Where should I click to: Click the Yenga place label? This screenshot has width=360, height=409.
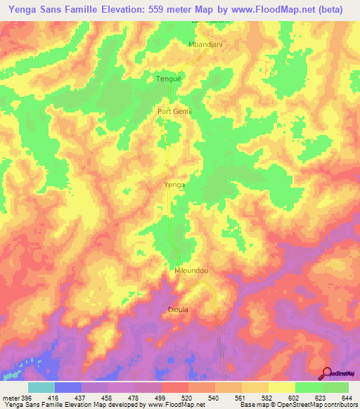[174, 184]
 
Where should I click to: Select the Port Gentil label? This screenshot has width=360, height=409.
[174, 111]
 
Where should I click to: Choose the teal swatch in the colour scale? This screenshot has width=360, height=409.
[41, 387]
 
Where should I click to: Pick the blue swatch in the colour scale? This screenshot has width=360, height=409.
[68, 387]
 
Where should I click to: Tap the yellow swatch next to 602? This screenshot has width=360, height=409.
[281, 387]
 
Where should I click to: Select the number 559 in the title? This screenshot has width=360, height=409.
[174, 9]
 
